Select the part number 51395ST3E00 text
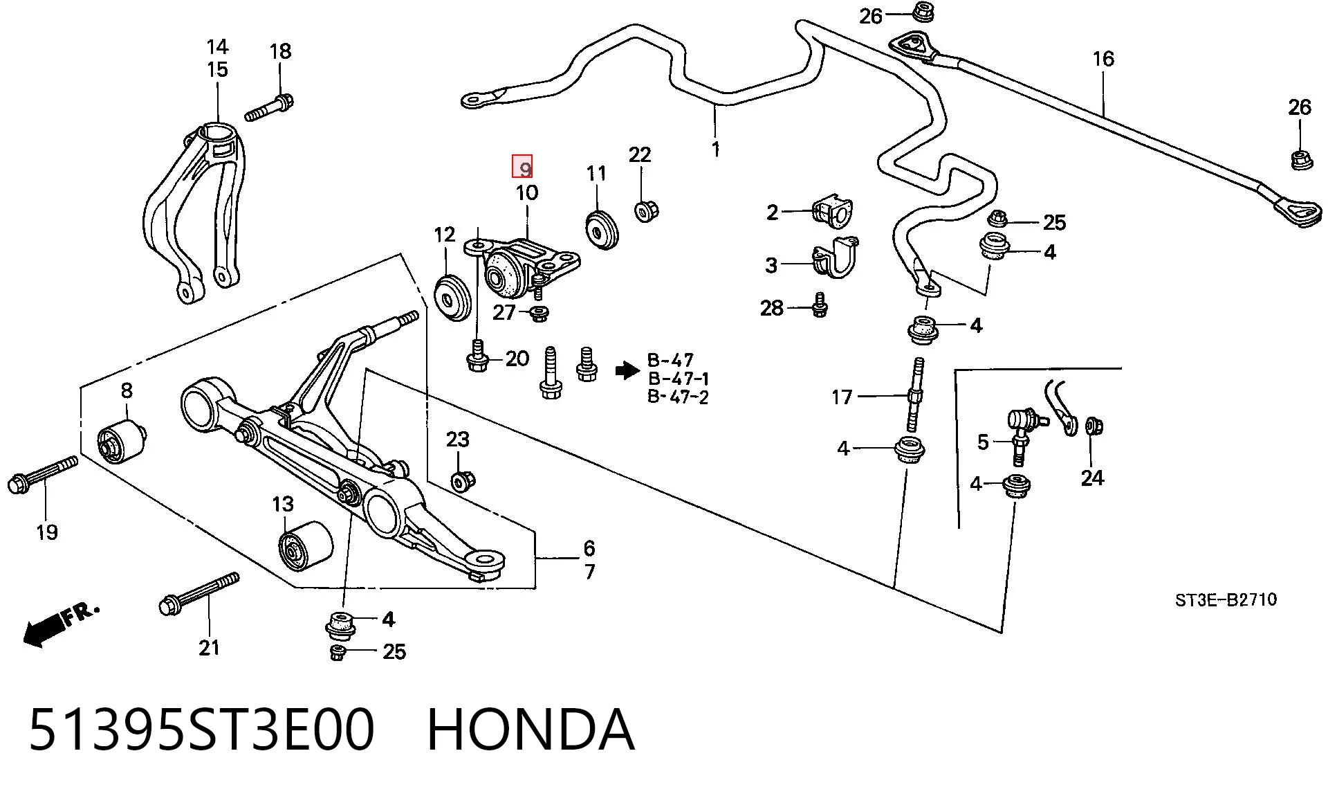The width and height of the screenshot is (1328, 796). pyautogui.click(x=201, y=730)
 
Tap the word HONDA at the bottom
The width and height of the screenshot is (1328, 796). pyautogui.click(x=531, y=730)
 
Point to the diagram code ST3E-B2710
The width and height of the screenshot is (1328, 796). pyautogui.click(x=1226, y=599)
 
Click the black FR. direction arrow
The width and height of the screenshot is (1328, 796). pyautogui.click(x=61, y=625)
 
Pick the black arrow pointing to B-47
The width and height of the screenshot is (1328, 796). pyautogui.click(x=627, y=371)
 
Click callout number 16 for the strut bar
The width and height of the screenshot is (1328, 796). pyautogui.click(x=1103, y=59)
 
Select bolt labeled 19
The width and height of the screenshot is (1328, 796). pyautogui.click(x=42, y=474)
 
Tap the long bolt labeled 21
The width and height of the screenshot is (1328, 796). pyautogui.click(x=199, y=594)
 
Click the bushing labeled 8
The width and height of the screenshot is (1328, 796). pyautogui.click(x=122, y=442)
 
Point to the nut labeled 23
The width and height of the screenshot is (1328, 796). pyautogui.click(x=461, y=480)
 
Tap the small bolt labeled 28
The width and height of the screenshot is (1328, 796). pyautogui.click(x=820, y=305)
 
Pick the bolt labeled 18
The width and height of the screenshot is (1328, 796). pyautogui.click(x=270, y=107)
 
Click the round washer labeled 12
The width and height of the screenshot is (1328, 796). pyautogui.click(x=452, y=297)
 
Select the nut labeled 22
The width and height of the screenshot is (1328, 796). pyautogui.click(x=646, y=210)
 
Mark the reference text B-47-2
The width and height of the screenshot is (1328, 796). pyautogui.click(x=678, y=397)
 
